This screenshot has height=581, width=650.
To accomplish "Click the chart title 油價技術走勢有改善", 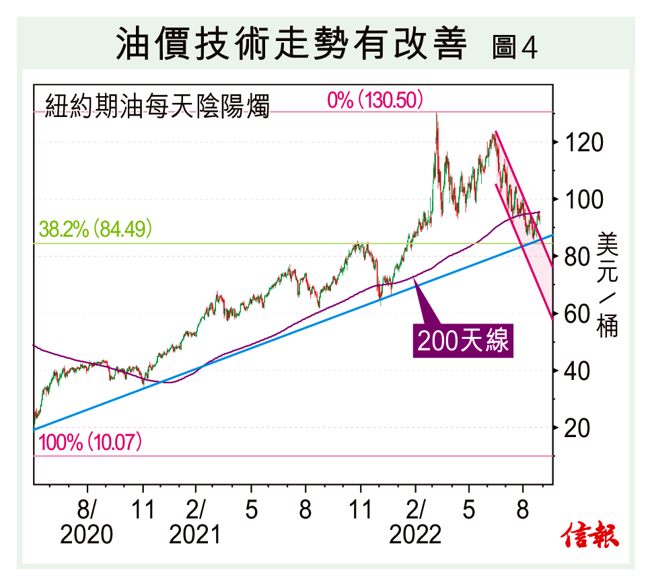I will pyautogui.click(x=291, y=45).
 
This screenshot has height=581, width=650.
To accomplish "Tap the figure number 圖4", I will pyautogui.click(x=515, y=47).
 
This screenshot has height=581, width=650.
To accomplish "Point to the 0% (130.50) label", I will pyautogui.click(x=375, y=101).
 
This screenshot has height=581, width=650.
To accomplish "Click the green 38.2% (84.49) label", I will pyautogui.click(x=95, y=230).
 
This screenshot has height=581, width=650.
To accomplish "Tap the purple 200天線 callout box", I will pyautogui.click(x=462, y=341).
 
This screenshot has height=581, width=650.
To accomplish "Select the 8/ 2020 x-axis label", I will pyautogui.click(x=87, y=521).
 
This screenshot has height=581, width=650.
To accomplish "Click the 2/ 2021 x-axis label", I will pyautogui.click(x=196, y=521).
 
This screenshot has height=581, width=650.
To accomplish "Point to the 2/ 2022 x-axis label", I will pyautogui.click(x=416, y=521).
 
